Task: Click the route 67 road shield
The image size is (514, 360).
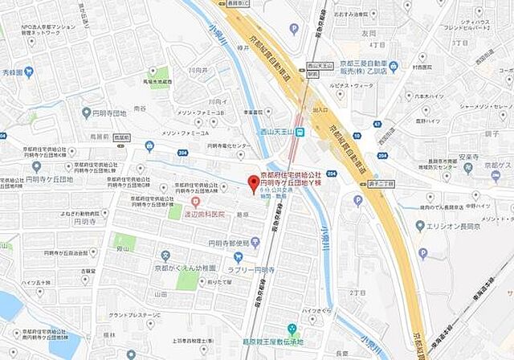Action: [x=377, y=123]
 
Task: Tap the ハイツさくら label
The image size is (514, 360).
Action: [x=316, y=309]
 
